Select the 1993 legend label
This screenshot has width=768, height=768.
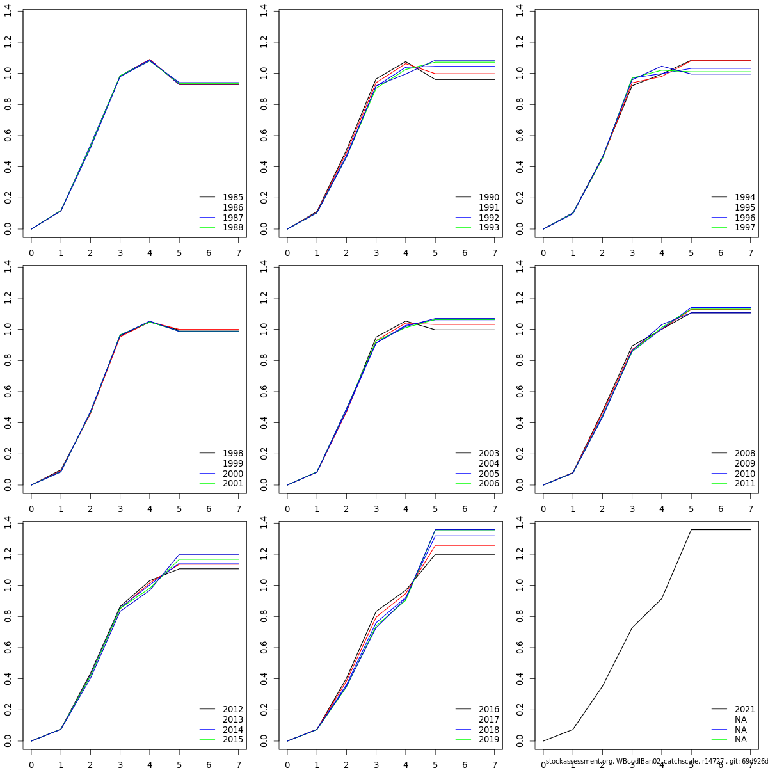tap(488, 227)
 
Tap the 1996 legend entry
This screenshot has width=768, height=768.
tap(744, 218)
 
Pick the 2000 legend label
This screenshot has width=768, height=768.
tap(232, 474)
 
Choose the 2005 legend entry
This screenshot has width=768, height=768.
tap(488, 474)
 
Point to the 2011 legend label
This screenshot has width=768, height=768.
tap(744, 483)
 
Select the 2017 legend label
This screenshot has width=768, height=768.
tap(488, 719)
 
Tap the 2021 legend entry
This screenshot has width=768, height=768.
tap(744, 709)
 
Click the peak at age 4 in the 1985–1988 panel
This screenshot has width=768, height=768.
tap(150, 60)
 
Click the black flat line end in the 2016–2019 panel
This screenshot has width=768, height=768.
tap(494, 554)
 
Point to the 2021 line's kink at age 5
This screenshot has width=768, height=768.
tap(691, 529)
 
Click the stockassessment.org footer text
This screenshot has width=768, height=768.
tap(656, 761)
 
